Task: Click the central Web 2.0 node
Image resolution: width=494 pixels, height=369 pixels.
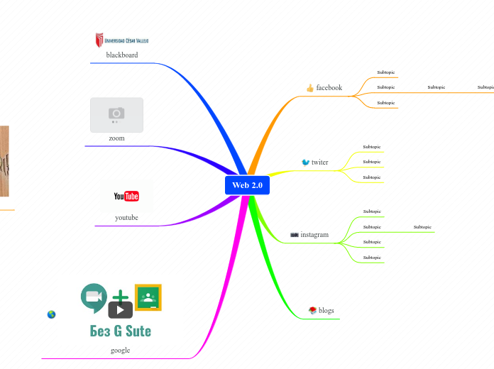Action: click(247, 185)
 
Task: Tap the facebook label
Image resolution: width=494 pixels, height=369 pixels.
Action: click(329, 88)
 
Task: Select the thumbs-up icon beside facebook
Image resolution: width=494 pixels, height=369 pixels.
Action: click(310, 88)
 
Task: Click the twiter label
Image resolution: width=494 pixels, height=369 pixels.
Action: click(320, 163)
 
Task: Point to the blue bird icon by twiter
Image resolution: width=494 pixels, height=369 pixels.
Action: click(306, 162)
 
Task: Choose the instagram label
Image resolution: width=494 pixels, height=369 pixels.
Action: click(314, 235)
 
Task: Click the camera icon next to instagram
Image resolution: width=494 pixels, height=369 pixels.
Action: click(295, 235)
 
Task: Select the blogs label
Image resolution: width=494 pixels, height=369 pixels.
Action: click(326, 311)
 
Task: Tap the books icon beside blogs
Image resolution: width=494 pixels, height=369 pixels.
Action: click(312, 310)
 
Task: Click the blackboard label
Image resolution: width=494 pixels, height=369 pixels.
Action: click(122, 55)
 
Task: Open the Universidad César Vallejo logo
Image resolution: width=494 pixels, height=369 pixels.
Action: click(122, 40)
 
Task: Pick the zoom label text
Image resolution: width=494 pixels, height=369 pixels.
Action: click(116, 138)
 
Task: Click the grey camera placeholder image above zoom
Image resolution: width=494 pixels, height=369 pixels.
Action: click(116, 114)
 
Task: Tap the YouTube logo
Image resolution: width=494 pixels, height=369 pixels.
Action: click(126, 197)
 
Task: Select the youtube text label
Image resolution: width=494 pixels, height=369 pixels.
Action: click(126, 217)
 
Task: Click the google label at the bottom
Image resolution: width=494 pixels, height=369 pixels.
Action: click(121, 350)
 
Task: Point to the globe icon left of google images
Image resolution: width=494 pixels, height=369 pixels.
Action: click(51, 314)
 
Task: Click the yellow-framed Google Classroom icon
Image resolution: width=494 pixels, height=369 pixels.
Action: click(148, 297)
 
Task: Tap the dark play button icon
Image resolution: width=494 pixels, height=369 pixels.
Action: click(121, 310)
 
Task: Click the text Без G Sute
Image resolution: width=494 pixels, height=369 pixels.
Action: click(121, 331)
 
